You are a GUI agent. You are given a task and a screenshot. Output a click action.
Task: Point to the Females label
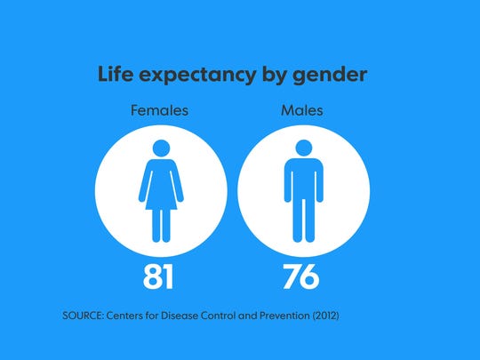pyautogui.click(x=159, y=112)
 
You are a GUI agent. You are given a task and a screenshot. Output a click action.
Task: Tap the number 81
pyautogui.click(x=159, y=276)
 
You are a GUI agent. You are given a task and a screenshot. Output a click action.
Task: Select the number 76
pyautogui.click(x=301, y=276)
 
